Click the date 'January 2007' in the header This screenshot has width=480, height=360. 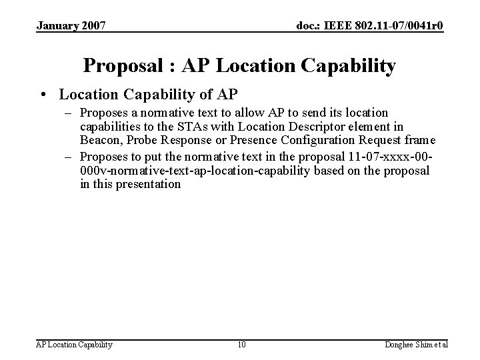(71, 26)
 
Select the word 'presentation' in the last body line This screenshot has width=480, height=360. (147, 183)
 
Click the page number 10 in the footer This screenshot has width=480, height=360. (241, 345)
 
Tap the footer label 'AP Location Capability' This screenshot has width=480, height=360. (74, 345)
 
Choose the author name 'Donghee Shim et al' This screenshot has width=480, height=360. (417, 345)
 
